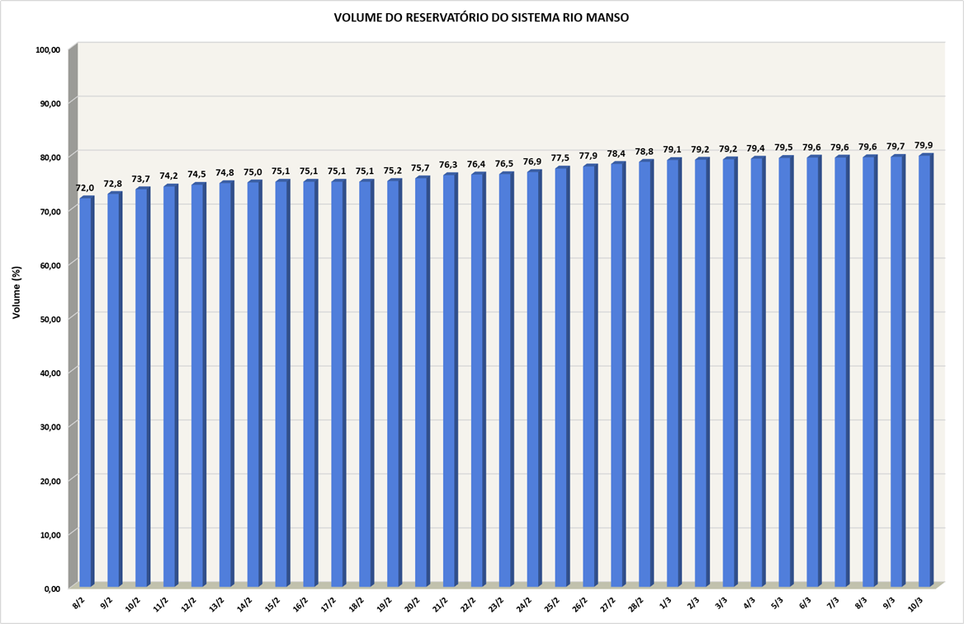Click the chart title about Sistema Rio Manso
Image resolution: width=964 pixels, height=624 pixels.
tap(481, 17)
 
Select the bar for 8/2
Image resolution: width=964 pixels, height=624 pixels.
tap(86, 392)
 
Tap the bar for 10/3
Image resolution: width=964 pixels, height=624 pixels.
tap(924, 371)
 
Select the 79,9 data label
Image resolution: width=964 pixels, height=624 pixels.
tap(924, 145)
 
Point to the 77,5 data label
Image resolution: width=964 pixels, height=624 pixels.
tap(560, 158)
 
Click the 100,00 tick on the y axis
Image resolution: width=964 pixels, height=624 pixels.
tap(49, 49)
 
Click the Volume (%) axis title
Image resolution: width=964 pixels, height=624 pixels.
tap(17, 293)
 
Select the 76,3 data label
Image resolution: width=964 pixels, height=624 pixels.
tap(449, 165)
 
